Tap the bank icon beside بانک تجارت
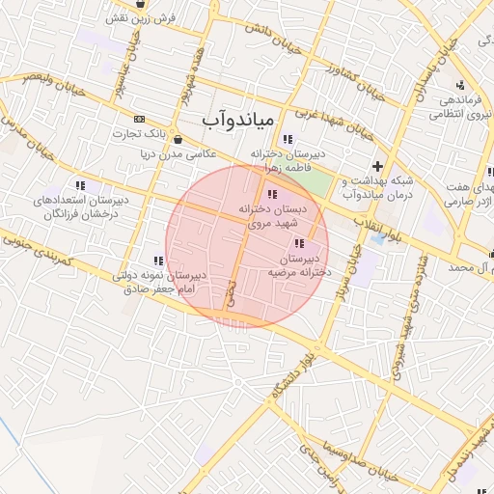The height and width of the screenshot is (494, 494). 140,119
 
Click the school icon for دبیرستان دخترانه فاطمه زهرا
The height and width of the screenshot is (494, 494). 287,139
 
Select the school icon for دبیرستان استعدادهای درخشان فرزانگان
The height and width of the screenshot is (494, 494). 80,185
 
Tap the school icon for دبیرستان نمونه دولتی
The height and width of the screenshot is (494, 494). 157,261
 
